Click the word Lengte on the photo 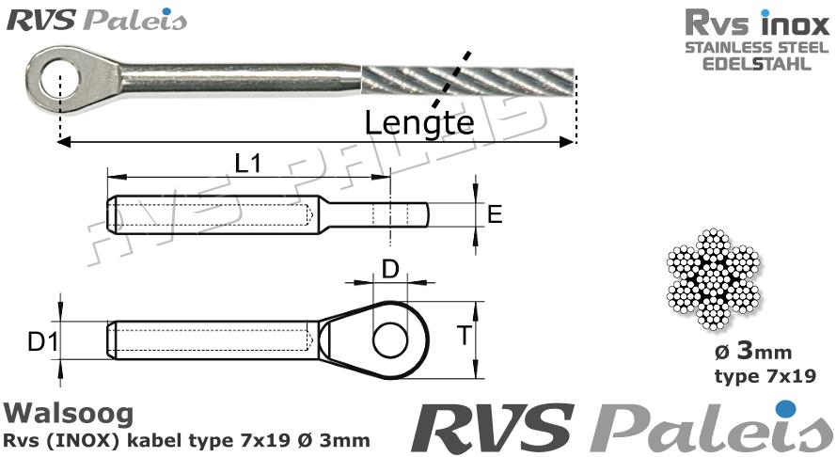pos(418,122)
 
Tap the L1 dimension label pos(248,164)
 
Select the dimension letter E pos(496,215)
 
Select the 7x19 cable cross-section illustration pos(715,281)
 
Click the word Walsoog pos(69,413)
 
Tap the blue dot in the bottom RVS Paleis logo pos(786,408)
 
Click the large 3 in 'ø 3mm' pos(743,353)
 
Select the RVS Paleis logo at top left pos(97,20)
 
